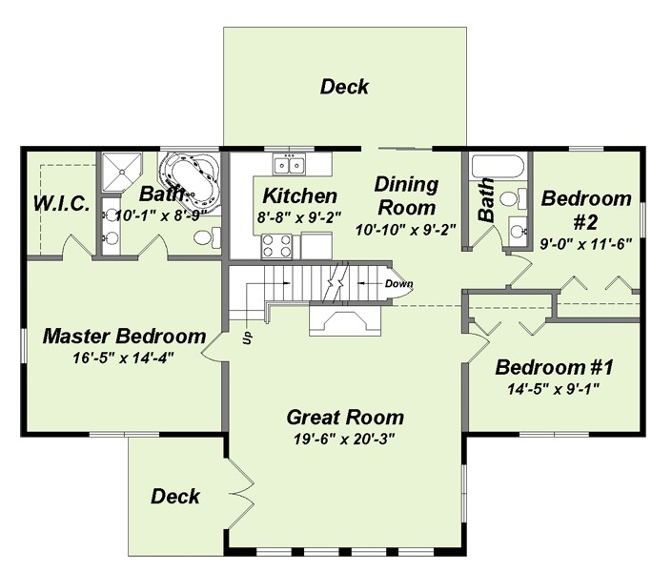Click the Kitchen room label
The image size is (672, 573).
pos(299,195)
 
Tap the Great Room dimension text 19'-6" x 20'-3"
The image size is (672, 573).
pos(344,439)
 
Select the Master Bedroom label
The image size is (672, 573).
pos(124,336)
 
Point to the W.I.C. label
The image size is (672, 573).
pos(61,203)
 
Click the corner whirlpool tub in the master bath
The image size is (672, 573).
pos(189,179)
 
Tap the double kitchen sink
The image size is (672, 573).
pos(289,164)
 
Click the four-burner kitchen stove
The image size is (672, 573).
pos(276,246)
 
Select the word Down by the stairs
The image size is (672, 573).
pos(398,283)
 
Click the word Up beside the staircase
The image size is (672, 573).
pos(247,338)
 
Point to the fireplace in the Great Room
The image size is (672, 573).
pos(345,319)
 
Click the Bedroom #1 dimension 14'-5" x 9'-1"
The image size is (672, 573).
pos(553,389)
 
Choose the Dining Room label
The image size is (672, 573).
pos(406,195)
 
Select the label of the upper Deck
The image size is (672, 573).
pos(344,87)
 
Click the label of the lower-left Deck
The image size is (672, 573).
pos(174,497)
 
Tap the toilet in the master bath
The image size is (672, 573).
pos(207,236)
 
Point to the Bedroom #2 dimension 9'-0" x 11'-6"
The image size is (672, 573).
pos(586,244)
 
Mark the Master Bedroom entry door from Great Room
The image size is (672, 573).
pos(213,347)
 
